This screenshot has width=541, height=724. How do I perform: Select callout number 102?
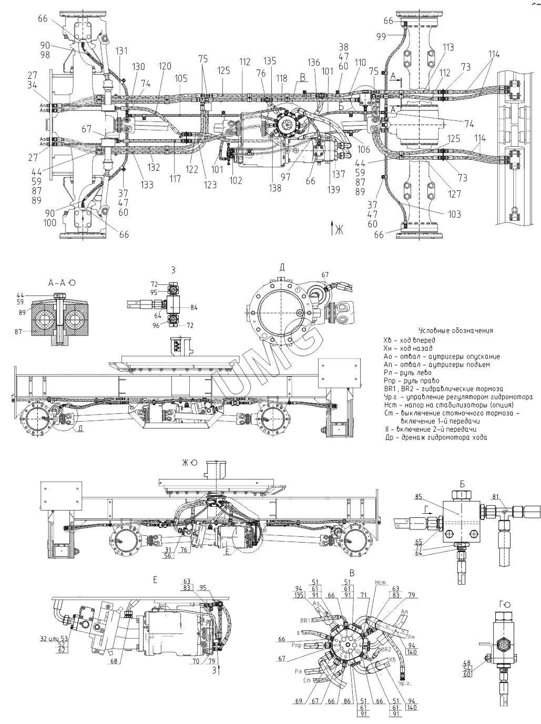[x=236, y=180]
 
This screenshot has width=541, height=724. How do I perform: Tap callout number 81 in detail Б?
[x=496, y=495]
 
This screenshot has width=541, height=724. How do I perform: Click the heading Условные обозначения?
[x=455, y=331]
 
